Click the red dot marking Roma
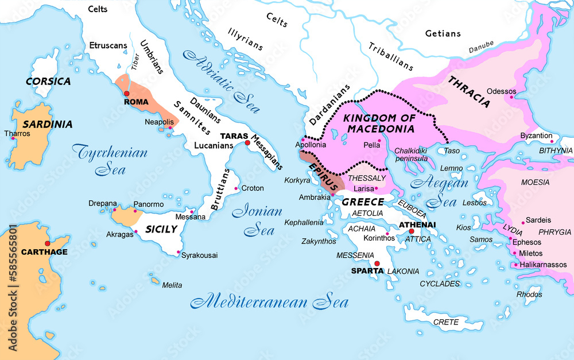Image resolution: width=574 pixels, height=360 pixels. (126, 94)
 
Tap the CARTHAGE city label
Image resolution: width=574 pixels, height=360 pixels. (44, 252)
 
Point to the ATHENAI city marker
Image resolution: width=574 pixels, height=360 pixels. (412, 231)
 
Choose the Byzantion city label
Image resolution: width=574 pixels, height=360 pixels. (536, 136)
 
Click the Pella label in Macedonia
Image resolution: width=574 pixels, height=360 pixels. (372, 145)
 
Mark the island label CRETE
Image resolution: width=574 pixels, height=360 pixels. (445, 322)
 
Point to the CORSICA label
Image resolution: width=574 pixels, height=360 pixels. (48, 82)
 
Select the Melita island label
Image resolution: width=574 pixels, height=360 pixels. (172, 285)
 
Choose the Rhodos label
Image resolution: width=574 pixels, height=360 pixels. (529, 295)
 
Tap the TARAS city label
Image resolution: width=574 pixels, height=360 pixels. (233, 136)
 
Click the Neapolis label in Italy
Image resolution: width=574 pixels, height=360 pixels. (159, 122)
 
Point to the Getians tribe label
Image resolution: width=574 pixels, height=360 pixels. (443, 33)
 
